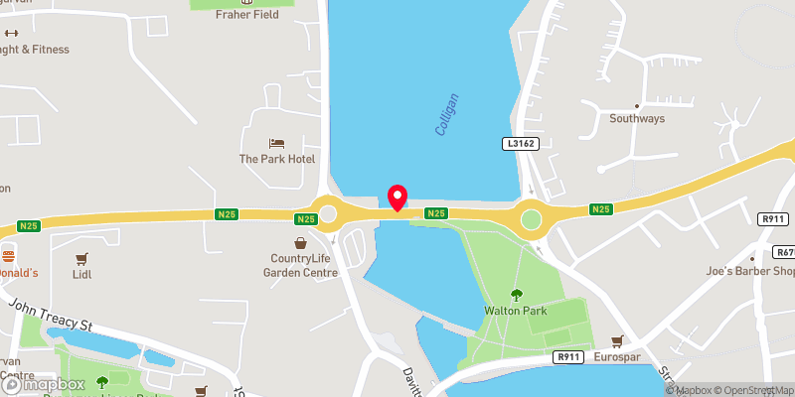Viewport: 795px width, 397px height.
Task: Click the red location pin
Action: tap(397, 198)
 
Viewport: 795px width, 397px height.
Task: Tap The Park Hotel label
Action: tap(277, 159)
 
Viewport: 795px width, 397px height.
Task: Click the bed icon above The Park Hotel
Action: tap(277, 143)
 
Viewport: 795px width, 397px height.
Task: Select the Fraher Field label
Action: tap(241, 16)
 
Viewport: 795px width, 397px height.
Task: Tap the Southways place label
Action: tap(637, 120)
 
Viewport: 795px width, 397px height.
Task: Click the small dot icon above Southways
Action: tap(637, 105)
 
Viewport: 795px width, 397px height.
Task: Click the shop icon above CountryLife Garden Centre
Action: tap(300, 243)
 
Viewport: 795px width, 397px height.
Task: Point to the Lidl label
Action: tap(81, 274)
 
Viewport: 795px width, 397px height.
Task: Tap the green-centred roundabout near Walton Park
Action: tap(531, 218)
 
